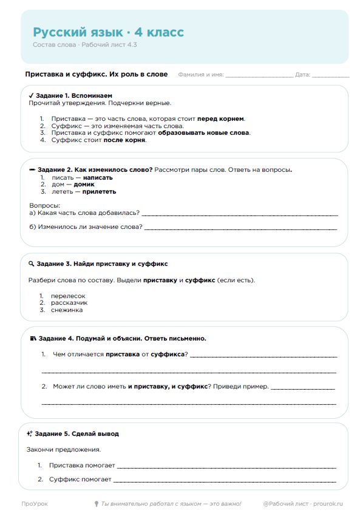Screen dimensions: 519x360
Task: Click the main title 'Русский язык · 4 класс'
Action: pyautogui.click(x=108, y=32)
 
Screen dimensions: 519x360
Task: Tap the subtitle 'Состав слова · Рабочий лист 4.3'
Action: pyautogui.click(x=84, y=45)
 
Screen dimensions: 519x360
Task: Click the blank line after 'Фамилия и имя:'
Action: pyautogui.click(x=259, y=75)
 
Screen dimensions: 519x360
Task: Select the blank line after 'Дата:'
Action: pyautogui.click(x=331, y=75)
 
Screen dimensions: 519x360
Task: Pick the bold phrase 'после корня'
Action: pyautogui.click(x=124, y=140)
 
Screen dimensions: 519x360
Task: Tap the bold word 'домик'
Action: pyautogui.click(x=84, y=184)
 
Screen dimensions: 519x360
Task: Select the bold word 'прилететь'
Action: pyautogui.click(x=99, y=191)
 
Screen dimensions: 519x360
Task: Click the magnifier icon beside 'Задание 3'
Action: pyautogui.click(x=31, y=264)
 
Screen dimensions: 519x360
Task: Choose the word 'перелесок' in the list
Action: pyautogui.click(x=68, y=295)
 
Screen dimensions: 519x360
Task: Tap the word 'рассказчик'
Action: pyautogui.click(x=69, y=302)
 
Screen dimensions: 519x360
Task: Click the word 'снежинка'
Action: pyautogui.click(x=67, y=310)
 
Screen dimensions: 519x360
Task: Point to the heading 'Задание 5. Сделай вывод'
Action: pyautogui.click(x=76, y=434)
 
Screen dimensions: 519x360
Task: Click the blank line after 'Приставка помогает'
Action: pyautogui.click(x=226, y=467)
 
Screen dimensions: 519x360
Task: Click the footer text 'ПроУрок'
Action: pyautogui.click(x=35, y=504)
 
